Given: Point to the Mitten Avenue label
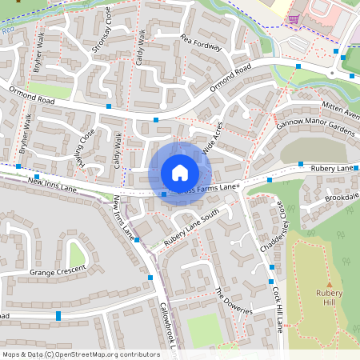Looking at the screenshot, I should coord(342,111).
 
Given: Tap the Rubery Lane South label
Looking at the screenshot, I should coord(192,228).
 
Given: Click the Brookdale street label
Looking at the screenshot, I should coord(342,197).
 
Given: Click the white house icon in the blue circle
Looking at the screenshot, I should coord(180,173).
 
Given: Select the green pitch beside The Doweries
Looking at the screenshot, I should coord(204,330).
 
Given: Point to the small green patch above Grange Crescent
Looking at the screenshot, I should coord(77,254).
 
